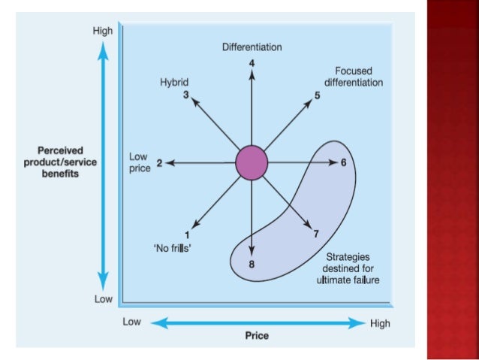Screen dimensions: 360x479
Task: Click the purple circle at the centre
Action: pyautogui.click(x=252, y=163)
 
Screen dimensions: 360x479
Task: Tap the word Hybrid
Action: pyautogui.click(x=174, y=82)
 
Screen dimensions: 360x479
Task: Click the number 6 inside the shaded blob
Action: pyautogui.click(x=342, y=162)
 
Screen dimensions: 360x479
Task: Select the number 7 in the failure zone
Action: pyautogui.click(x=316, y=234)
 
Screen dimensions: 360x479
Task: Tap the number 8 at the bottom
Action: pyautogui.click(x=252, y=264)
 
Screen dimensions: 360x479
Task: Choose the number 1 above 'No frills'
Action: pyautogui.click(x=187, y=234)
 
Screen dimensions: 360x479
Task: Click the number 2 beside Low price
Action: pyautogui.click(x=159, y=162)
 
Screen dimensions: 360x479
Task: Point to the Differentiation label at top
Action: pyautogui.click(x=252, y=47)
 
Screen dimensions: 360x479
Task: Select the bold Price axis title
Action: pyautogui.click(x=257, y=335)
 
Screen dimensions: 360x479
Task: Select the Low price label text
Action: pyautogui.click(x=140, y=162)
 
